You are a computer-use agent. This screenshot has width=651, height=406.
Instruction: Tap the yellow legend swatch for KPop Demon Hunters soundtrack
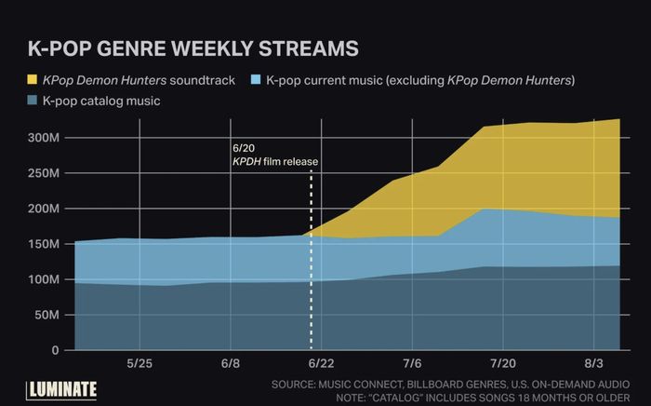click(35, 81)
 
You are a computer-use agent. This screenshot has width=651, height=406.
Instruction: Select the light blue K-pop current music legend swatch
click(249, 81)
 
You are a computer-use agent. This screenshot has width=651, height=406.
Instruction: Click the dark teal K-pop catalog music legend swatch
click(35, 100)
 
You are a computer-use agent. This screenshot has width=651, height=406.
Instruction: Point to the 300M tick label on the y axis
click(44, 138)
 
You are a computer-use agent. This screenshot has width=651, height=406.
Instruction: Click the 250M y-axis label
click(44, 173)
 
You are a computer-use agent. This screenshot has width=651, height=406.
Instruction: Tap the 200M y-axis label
click(44, 209)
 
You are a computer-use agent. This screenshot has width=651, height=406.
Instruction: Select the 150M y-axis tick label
click(44, 244)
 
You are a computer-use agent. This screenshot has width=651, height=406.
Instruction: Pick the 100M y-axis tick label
click(44, 279)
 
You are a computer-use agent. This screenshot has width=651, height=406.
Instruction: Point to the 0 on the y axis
click(55, 350)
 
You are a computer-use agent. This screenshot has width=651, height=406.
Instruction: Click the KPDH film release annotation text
click(274, 161)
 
